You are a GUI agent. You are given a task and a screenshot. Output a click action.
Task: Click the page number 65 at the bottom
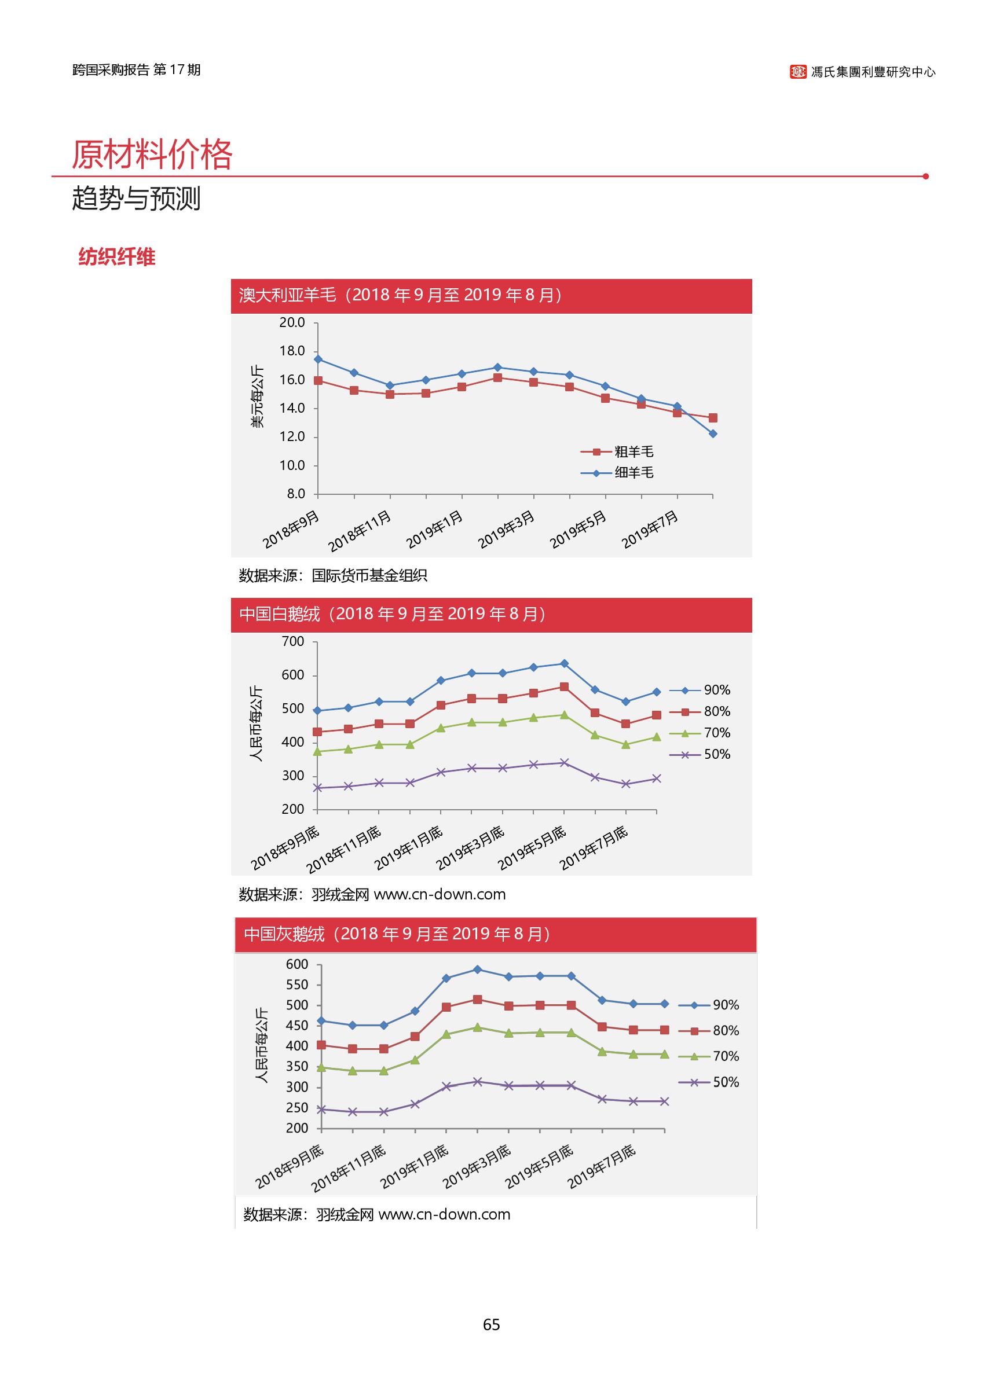click(491, 1325)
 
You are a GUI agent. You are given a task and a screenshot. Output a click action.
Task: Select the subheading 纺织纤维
click(116, 257)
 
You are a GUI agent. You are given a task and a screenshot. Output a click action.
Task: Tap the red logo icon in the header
click(797, 72)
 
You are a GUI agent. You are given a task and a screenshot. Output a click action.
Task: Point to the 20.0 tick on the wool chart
click(292, 322)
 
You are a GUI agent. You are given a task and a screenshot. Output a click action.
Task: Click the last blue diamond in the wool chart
click(713, 434)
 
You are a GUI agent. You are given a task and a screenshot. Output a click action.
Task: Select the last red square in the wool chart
click(713, 418)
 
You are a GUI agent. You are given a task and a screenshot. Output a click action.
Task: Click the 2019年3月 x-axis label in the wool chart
click(507, 529)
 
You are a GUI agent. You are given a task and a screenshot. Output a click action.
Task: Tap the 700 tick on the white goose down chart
click(293, 641)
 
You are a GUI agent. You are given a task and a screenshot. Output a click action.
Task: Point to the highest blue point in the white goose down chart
click(564, 664)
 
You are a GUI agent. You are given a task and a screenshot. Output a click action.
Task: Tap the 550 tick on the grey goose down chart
click(296, 985)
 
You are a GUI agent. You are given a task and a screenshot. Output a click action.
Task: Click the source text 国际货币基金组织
click(369, 575)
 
